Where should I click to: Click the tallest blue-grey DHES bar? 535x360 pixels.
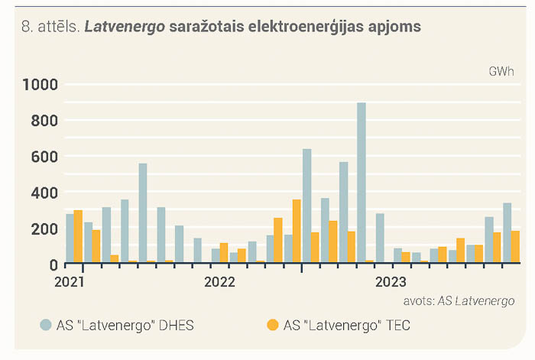[362, 183]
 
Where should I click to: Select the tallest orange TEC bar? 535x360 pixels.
[297, 231]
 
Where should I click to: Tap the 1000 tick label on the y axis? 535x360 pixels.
[40, 85]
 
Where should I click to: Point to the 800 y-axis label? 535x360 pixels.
[44, 121]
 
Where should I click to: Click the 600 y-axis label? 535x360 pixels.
[44, 157]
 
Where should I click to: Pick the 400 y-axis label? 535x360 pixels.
[44, 193]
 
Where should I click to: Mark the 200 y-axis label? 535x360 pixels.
[44, 229]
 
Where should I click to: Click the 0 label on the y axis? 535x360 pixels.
[53, 265]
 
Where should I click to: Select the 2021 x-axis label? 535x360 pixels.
[70, 282]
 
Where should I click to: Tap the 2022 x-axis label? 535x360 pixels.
[220, 282]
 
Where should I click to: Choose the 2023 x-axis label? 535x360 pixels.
[391, 282]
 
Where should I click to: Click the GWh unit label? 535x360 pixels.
[501, 71]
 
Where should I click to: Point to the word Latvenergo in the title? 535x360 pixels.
[125, 27]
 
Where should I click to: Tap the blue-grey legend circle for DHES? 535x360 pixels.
[46, 325]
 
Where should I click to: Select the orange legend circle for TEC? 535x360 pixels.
[273, 325]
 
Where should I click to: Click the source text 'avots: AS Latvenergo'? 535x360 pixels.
[459, 301]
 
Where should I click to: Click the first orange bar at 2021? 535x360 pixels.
[78, 236]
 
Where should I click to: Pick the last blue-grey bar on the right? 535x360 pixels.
[507, 232]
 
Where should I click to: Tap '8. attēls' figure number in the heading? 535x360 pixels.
[50, 27]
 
